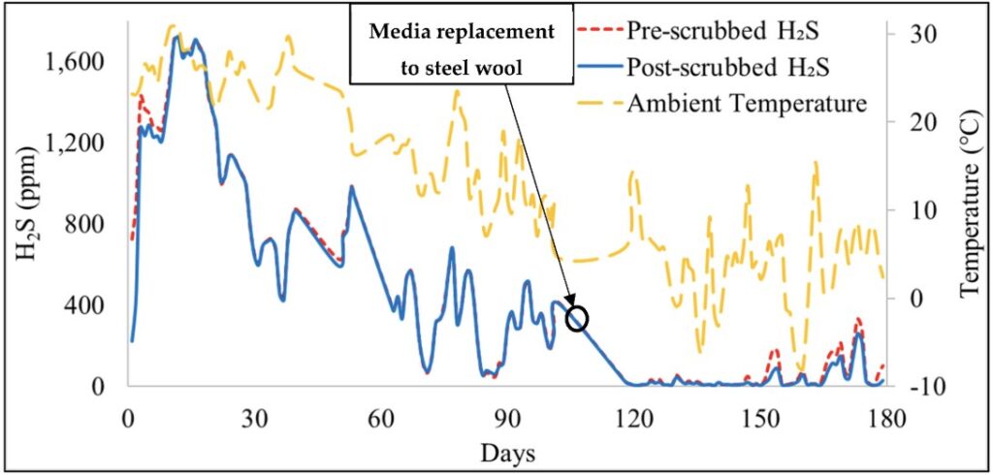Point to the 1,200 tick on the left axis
[x=80, y=144]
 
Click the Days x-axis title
[x=507, y=453]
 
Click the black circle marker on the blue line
[x=577, y=318]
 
